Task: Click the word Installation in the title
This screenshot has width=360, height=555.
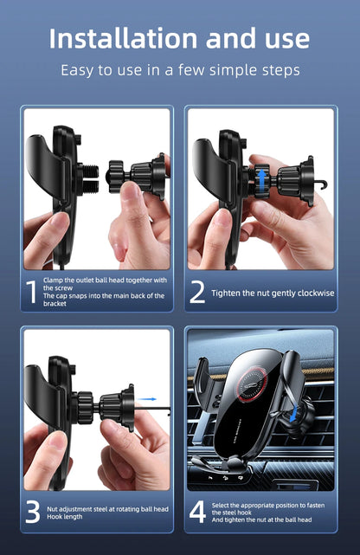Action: [x=122, y=39]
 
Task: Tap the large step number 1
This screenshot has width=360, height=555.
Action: [x=33, y=293]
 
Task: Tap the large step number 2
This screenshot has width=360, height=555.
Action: [x=197, y=293]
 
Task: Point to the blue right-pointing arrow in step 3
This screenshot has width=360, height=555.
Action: [x=148, y=400]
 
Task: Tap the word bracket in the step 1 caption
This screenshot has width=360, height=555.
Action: [x=55, y=304]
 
